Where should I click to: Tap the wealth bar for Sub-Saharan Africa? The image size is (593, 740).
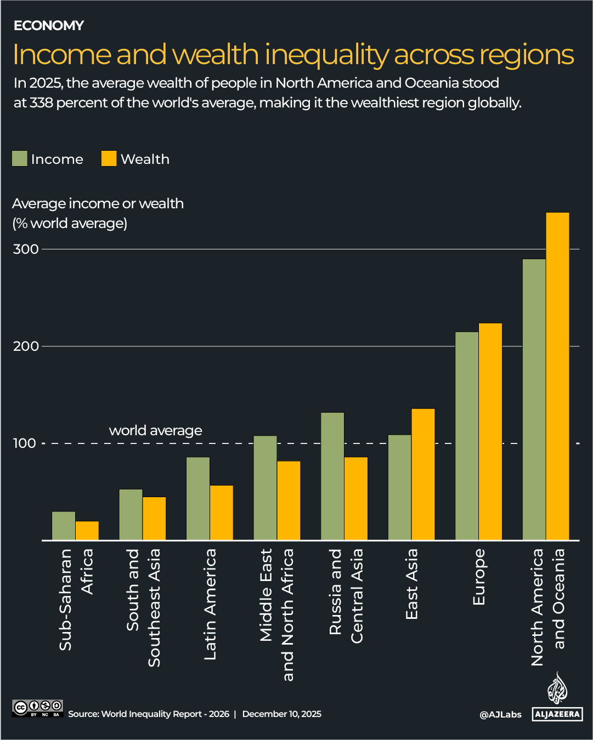pos(87,531)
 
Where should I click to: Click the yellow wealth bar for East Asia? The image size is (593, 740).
pos(423,474)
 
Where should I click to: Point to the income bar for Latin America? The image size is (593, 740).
pos(198,498)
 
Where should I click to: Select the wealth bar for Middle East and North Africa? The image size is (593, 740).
pos(289,500)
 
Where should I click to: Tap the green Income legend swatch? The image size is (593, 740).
pos(20,159)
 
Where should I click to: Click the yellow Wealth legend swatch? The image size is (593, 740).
pos(109,159)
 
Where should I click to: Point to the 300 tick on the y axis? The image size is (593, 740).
pos(26,249)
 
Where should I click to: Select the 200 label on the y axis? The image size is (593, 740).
pos(26,346)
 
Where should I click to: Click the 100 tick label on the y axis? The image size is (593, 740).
pos(25,443)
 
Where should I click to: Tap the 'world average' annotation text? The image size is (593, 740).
pos(155,430)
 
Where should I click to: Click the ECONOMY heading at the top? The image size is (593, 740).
pos(49,26)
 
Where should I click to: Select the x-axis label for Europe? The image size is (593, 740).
pos(479,577)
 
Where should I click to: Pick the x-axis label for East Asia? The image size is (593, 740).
pos(411,584)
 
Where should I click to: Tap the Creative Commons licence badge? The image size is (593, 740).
pos(38,708)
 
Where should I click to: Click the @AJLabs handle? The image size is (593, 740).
pos(500,714)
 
